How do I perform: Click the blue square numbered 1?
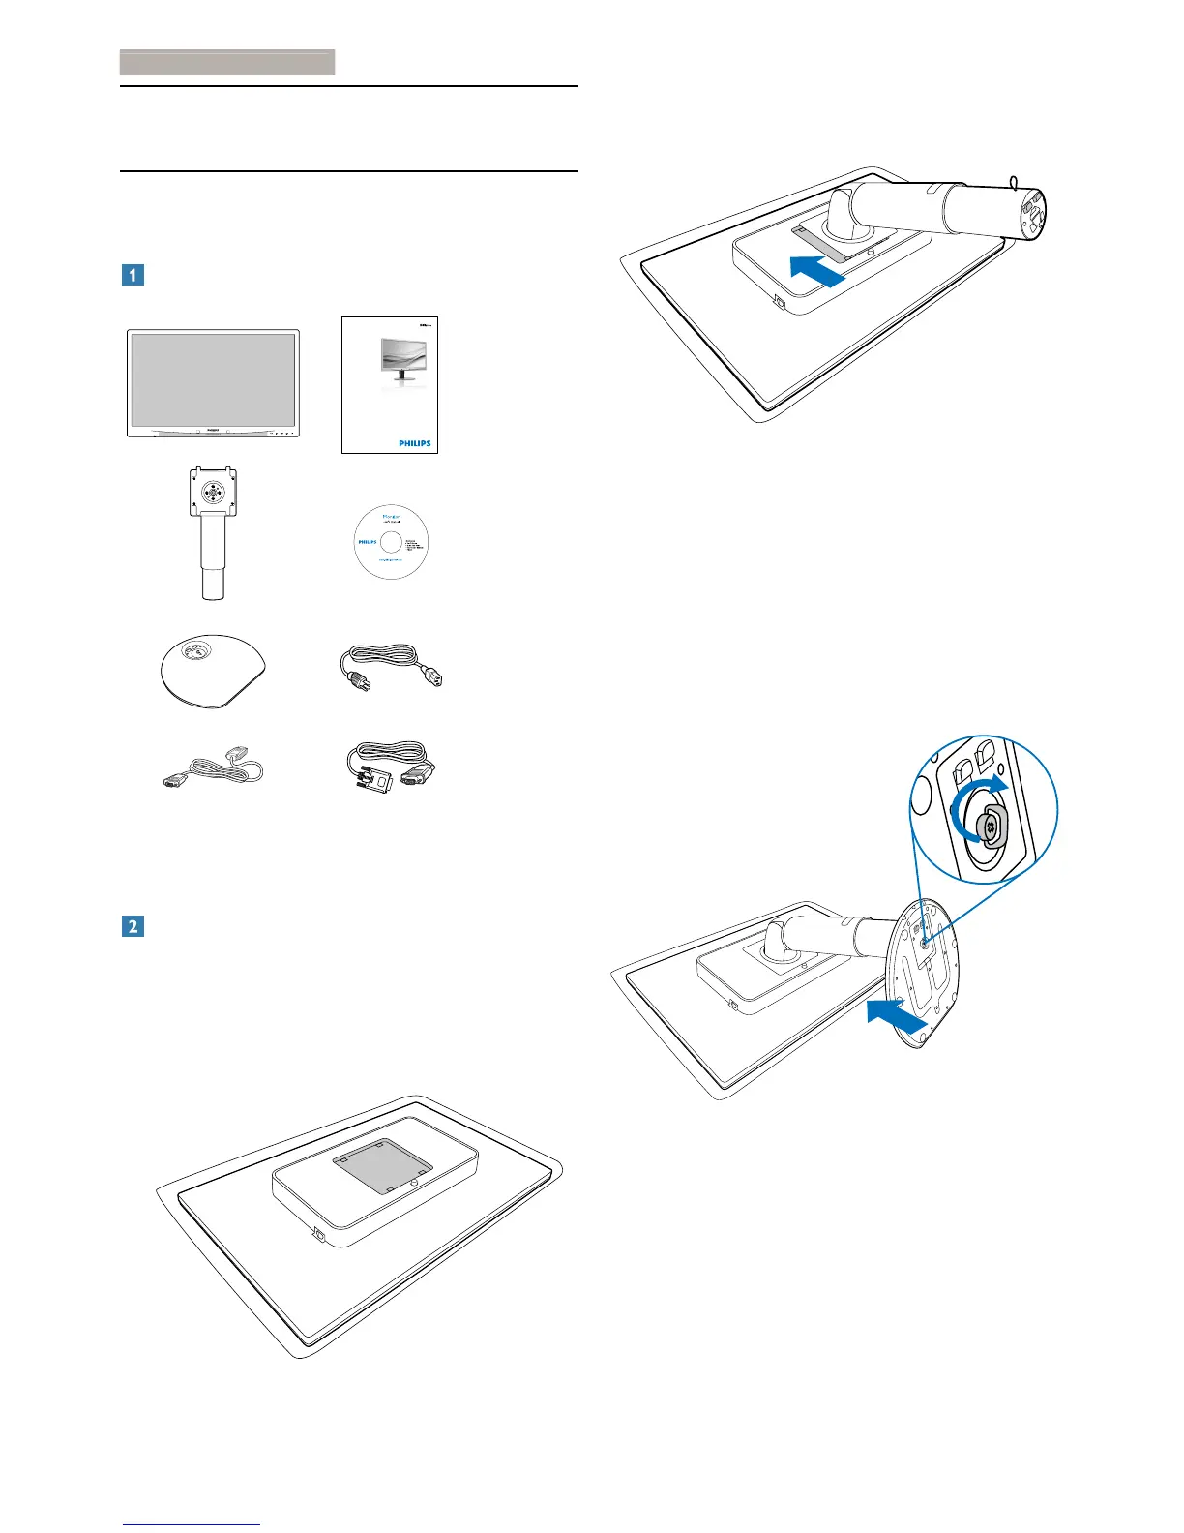pyautogui.click(x=132, y=274)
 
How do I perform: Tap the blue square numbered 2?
pyautogui.click(x=132, y=926)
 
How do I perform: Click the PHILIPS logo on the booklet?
pyautogui.click(x=415, y=442)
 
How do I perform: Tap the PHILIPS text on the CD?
pyautogui.click(x=368, y=543)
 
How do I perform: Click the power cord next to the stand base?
pyautogui.click(x=391, y=669)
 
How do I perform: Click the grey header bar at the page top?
pyautogui.click(x=227, y=63)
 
